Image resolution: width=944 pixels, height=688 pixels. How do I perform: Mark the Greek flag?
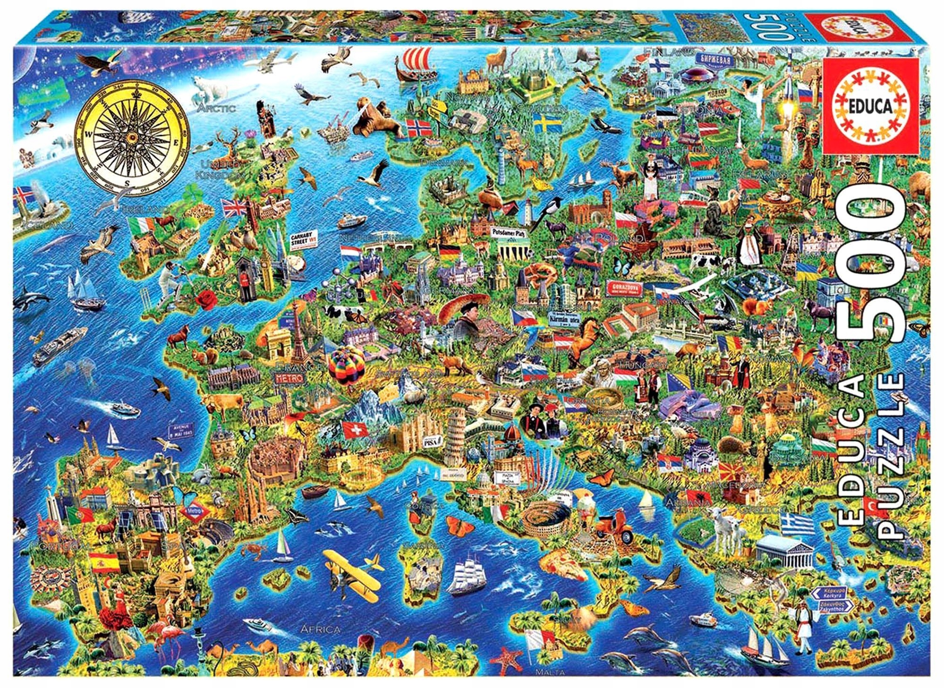(797, 523)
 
